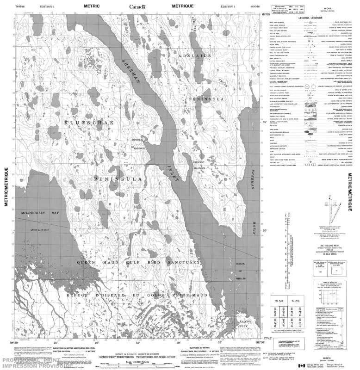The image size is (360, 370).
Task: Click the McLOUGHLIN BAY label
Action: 40,213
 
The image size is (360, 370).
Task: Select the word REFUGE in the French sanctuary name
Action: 65,282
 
